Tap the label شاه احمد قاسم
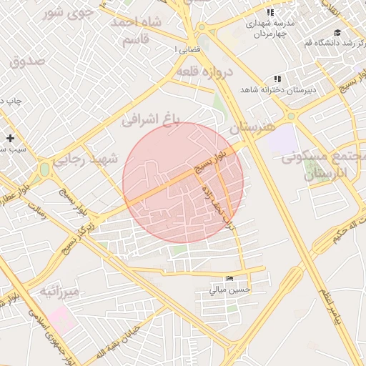point(136,31)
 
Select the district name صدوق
point(27,61)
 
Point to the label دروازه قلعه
point(205,72)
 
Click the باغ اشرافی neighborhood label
point(153,117)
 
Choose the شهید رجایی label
point(93,160)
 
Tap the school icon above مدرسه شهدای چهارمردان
point(270,13)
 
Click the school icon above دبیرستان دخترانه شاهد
point(277,79)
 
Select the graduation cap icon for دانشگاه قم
point(337,32)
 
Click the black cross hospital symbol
point(10,137)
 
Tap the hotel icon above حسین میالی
point(229,279)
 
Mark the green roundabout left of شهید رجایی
point(44,169)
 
